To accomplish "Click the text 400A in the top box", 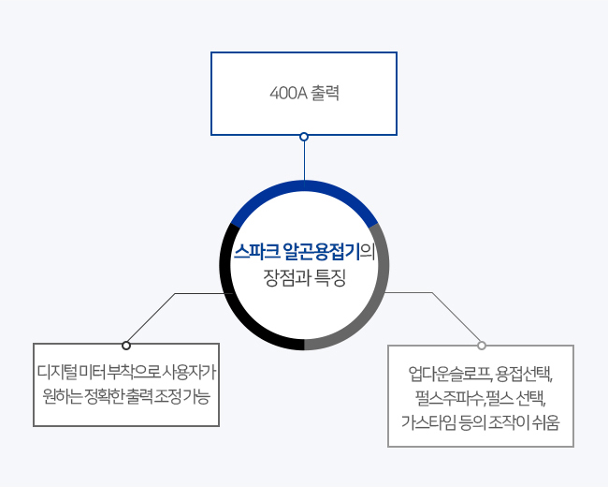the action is (x=288, y=94).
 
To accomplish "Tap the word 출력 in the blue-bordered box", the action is (x=325, y=94).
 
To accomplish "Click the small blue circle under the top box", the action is (x=304, y=137).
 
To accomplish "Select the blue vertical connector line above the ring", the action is (x=304, y=161).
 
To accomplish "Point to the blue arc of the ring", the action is (x=304, y=186).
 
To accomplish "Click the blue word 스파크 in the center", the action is (x=256, y=252).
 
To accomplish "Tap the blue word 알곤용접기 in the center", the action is (x=322, y=252).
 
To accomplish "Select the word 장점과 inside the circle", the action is (x=286, y=277).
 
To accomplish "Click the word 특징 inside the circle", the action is (x=329, y=277).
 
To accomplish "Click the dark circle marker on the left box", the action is (x=126, y=346).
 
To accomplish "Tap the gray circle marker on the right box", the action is (x=482, y=346).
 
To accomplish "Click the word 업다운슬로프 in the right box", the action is (x=451, y=374).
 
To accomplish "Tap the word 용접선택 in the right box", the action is (x=524, y=374).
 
